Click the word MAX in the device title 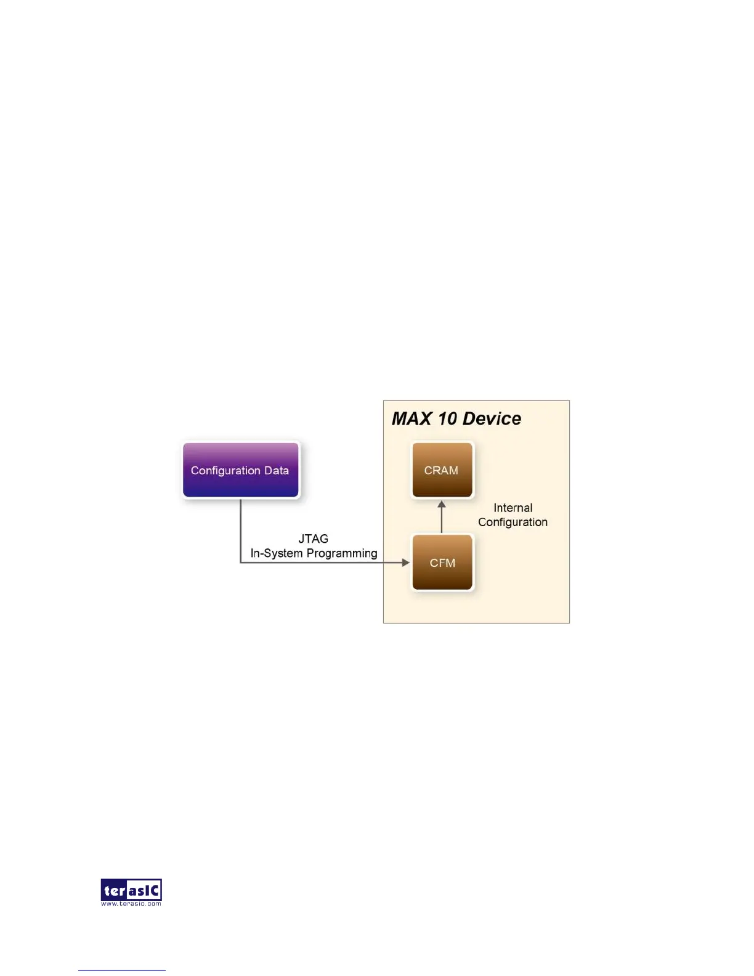click(411, 419)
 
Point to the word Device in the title click(492, 419)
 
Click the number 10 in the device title click(447, 419)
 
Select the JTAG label click(313, 539)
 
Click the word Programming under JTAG click(342, 553)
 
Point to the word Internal click(513, 508)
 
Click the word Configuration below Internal click(513, 522)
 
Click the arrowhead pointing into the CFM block click(405, 563)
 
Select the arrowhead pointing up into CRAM click(442, 505)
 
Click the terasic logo click(131, 890)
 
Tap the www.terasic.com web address click(131, 904)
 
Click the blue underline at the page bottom click(121, 970)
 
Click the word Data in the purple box click(276, 470)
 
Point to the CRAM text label click(441, 470)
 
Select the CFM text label click(442, 563)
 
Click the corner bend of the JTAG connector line click(240, 563)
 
